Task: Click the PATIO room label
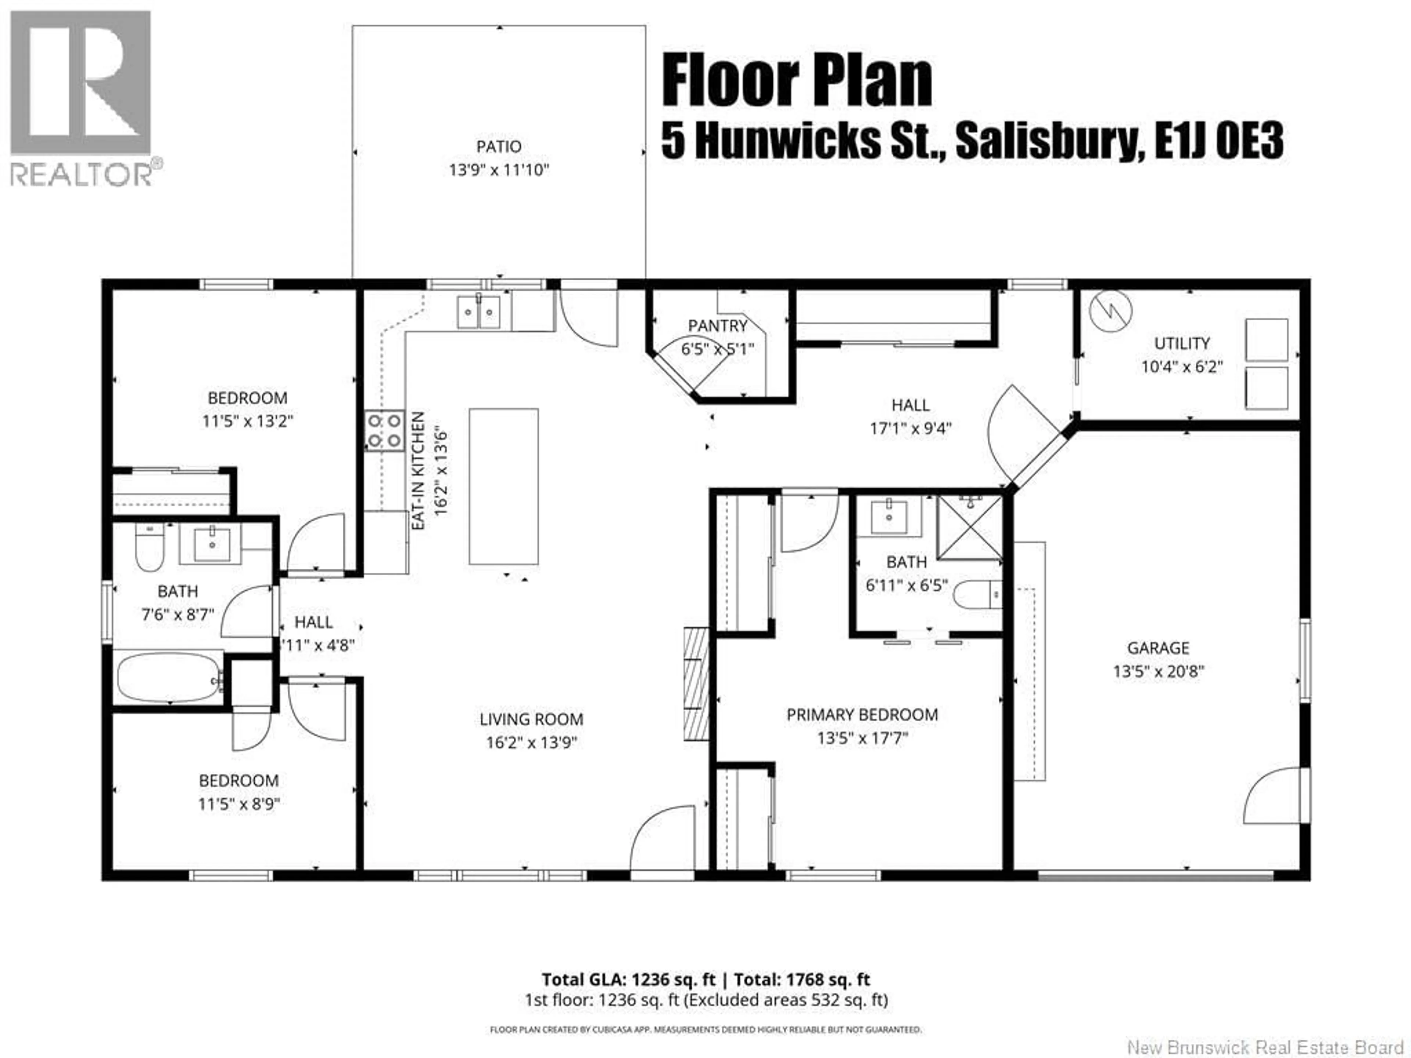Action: click(x=499, y=147)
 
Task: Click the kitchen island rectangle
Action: click(x=503, y=487)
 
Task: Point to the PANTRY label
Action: click(x=718, y=326)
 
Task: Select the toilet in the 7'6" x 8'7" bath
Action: click(x=149, y=547)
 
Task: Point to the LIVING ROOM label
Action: click(x=531, y=719)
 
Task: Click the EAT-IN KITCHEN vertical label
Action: click(x=418, y=471)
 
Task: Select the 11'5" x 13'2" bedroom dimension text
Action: click(x=248, y=421)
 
